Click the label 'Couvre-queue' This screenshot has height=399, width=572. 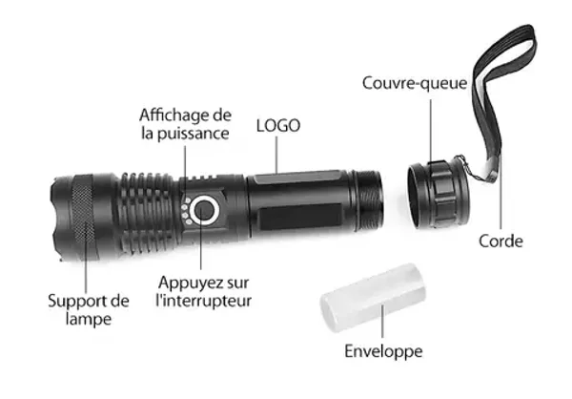[x=415, y=83]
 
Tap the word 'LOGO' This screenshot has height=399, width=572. [x=278, y=126]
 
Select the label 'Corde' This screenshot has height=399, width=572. [x=500, y=241]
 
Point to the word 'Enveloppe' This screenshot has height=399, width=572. [x=383, y=351]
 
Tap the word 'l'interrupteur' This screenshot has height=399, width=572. [x=204, y=301]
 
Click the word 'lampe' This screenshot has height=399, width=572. [x=89, y=319]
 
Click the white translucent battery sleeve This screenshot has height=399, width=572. [x=373, y=297]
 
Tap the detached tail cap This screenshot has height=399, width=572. [x=439, y=194]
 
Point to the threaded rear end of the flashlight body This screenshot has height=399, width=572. [x=368, y=201]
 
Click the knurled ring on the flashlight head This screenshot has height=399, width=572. [x=84, y=218]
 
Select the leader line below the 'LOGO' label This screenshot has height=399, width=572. [x=276, y=155]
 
